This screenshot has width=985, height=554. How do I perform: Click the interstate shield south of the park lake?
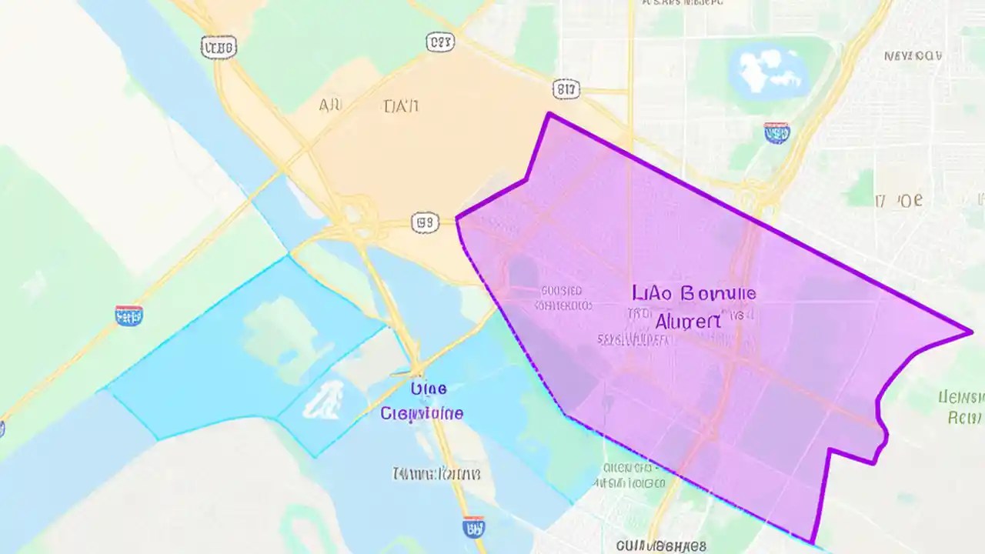(776, 133)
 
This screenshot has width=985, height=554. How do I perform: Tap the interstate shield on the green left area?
(129, 315)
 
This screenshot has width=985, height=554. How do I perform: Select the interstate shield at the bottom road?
(474, 527)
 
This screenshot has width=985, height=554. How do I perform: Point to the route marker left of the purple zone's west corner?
(425, 223)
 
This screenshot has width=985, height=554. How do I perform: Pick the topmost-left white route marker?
(218, 48)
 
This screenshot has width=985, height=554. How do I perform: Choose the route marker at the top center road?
(441, 43)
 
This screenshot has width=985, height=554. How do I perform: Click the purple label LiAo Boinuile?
(693, 293)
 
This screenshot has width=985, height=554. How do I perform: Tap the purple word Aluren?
(688, 321)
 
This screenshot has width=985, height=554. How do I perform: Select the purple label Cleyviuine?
(422, 413)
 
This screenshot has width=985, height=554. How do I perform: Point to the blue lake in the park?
(770, 69)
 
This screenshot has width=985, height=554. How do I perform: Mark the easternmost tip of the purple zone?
(971, 332)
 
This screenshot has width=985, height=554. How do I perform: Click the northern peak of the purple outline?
(549, 114)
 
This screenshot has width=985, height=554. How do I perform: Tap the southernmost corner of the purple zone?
(810, 542)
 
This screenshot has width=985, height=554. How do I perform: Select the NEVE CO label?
(913, 56)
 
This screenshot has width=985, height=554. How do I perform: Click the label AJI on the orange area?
(330, 106)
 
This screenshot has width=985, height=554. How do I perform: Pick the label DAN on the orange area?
(400, 106)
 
